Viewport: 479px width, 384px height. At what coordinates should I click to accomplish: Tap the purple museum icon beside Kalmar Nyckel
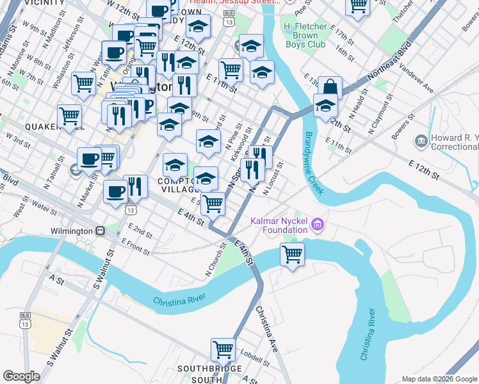pos(318,224)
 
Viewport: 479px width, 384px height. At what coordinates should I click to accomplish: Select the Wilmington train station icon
pos(100,230)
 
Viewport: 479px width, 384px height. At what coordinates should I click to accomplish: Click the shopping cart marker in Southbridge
pos(223,349)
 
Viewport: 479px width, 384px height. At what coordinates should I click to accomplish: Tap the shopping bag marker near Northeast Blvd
pos(330,87)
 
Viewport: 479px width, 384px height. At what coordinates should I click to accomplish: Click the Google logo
pos(21,376)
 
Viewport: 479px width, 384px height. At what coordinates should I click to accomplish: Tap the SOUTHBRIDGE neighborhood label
pos(209,369)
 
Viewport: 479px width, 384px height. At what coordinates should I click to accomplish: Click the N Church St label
pos(216,259)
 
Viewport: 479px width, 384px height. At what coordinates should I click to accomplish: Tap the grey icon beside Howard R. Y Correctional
pos(421,140)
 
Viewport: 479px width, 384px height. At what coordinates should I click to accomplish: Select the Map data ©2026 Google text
pos(439,379)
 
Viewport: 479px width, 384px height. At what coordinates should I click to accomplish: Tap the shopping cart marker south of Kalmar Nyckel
pos(293,254)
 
